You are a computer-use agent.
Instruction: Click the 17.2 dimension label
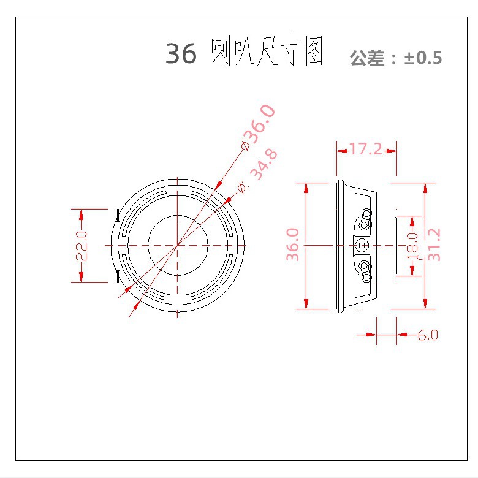tap(366, 148)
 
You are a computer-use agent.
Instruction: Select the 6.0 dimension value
tap(428, 335)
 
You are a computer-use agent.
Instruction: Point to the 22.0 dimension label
tap(82, 245)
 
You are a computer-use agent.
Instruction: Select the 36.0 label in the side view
tap(294, 245)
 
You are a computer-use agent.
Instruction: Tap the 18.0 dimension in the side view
tap(412, 246)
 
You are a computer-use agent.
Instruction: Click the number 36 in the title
tap(181, 55)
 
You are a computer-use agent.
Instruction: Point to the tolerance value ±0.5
tap(423, 58)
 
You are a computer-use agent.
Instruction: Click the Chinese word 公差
tap(366, 59)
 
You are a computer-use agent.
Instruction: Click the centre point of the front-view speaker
tap(178, 245)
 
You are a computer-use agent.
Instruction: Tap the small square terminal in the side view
tap(363, 245)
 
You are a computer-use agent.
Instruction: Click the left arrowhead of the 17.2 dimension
tap(341, 148)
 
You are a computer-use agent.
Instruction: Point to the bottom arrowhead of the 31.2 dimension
tap(424, 303)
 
